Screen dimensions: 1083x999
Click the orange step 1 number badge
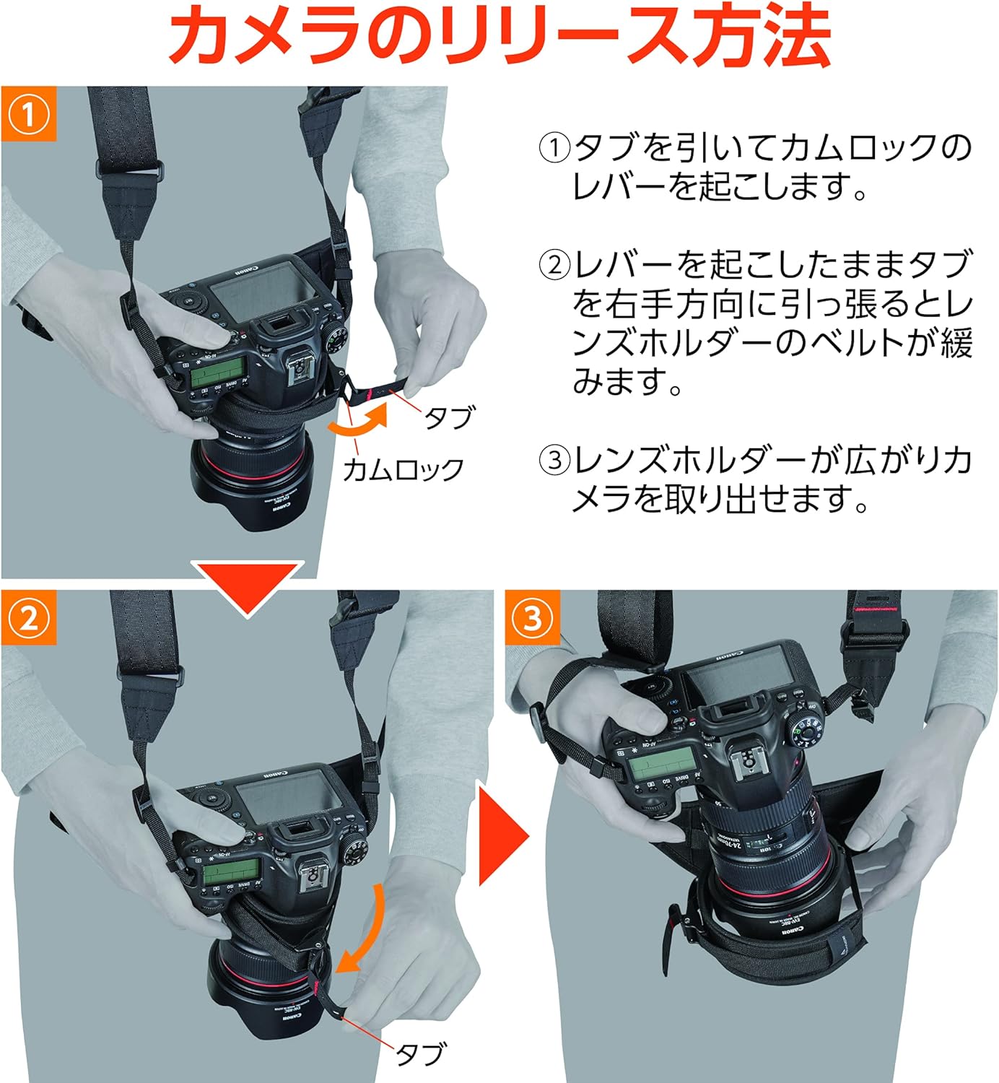coord(28,114)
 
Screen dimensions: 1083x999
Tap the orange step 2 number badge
coord(28,618)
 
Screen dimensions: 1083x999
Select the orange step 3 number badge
coord(533,618)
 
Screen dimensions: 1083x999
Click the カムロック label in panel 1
coord(403,470)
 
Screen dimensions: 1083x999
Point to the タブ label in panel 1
coord(450,417)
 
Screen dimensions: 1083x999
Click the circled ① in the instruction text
coord(555,148)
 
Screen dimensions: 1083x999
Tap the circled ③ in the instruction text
coord(555,460)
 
